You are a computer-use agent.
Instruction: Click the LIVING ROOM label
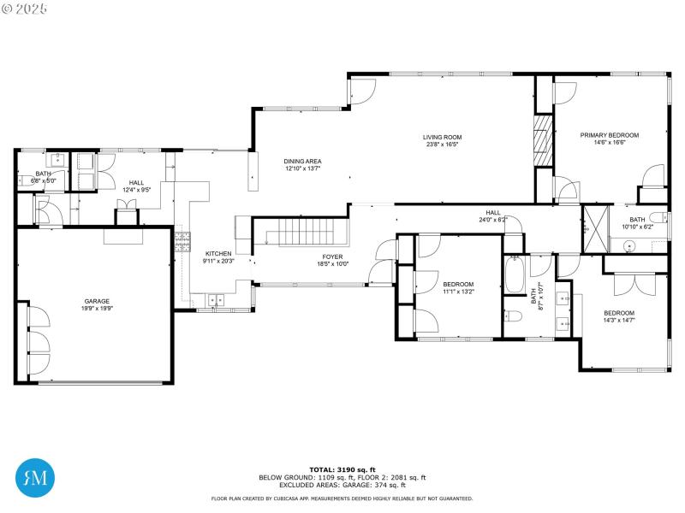click(442, 137)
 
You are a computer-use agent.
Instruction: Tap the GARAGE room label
click(96, 301)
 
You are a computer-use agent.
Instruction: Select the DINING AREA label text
click(302, 161)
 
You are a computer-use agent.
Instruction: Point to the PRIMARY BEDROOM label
click(609, 135)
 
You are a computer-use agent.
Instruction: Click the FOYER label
click(332, 256)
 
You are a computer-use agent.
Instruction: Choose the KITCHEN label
click(217, 254)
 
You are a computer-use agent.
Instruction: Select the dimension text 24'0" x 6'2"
click(493, 220)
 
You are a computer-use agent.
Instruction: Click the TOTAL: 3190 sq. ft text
click(342, 469)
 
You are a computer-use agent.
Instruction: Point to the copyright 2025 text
click(26, 8)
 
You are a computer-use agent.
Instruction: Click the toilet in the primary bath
click(655, 217)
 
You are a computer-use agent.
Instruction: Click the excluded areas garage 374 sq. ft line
click(342, 485)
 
